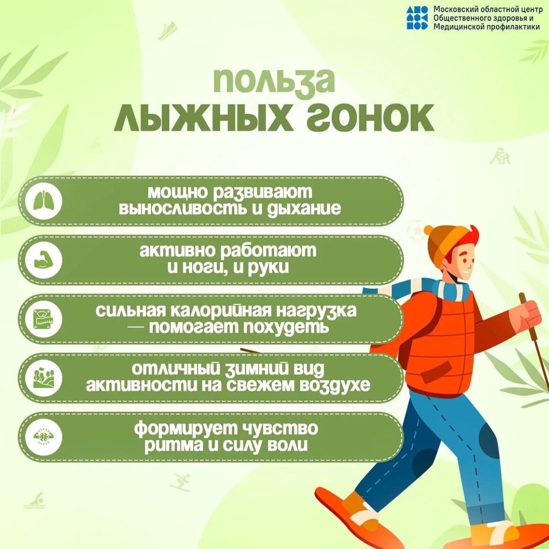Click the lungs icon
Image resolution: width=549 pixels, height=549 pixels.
pos(44,201)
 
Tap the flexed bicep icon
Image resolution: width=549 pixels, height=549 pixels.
pos(44,260)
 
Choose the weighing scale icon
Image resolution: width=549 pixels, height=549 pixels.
pos(44,319)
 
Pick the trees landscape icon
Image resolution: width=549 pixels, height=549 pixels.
pos(44,378)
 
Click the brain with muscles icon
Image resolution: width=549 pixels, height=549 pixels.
pos(44,437)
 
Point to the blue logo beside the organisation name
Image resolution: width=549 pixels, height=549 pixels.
pos(416,17)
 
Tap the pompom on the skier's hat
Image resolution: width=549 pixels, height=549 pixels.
pos(429,231)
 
